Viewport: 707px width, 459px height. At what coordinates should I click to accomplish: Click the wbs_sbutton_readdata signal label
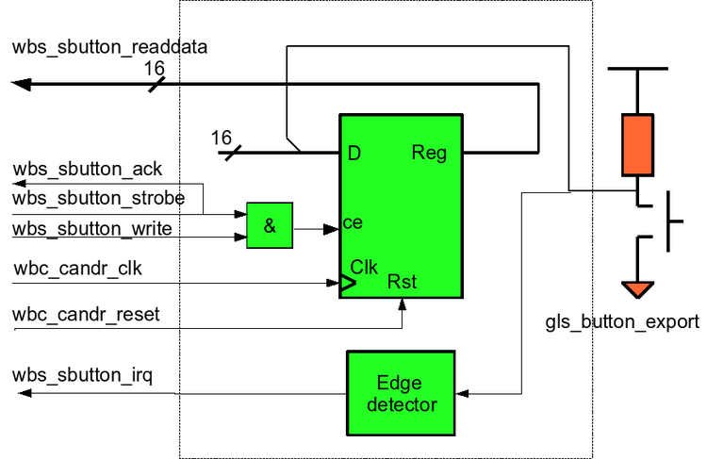click(x=109, y=47)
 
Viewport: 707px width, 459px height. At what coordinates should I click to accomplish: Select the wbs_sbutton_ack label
click(x=87, y=170)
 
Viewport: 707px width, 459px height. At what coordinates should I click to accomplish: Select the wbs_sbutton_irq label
click(x=83, y=377)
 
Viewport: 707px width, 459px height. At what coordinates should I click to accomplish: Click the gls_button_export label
click(x=622, y=322)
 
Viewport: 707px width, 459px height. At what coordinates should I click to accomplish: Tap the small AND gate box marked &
click(x=270, y=226)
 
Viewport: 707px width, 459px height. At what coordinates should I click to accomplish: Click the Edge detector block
click(x=401, y=394)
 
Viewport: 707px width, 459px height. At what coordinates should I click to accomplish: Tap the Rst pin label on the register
click(x=403, y=282)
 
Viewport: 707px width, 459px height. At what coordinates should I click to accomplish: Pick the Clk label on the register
click(x=365, y=266)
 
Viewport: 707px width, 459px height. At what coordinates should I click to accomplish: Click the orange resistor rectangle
click(x=637, y=144)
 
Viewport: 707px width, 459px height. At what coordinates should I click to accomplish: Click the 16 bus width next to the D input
click(x=221, y=138)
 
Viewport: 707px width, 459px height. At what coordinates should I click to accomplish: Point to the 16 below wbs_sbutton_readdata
click(x=156, y=69)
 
